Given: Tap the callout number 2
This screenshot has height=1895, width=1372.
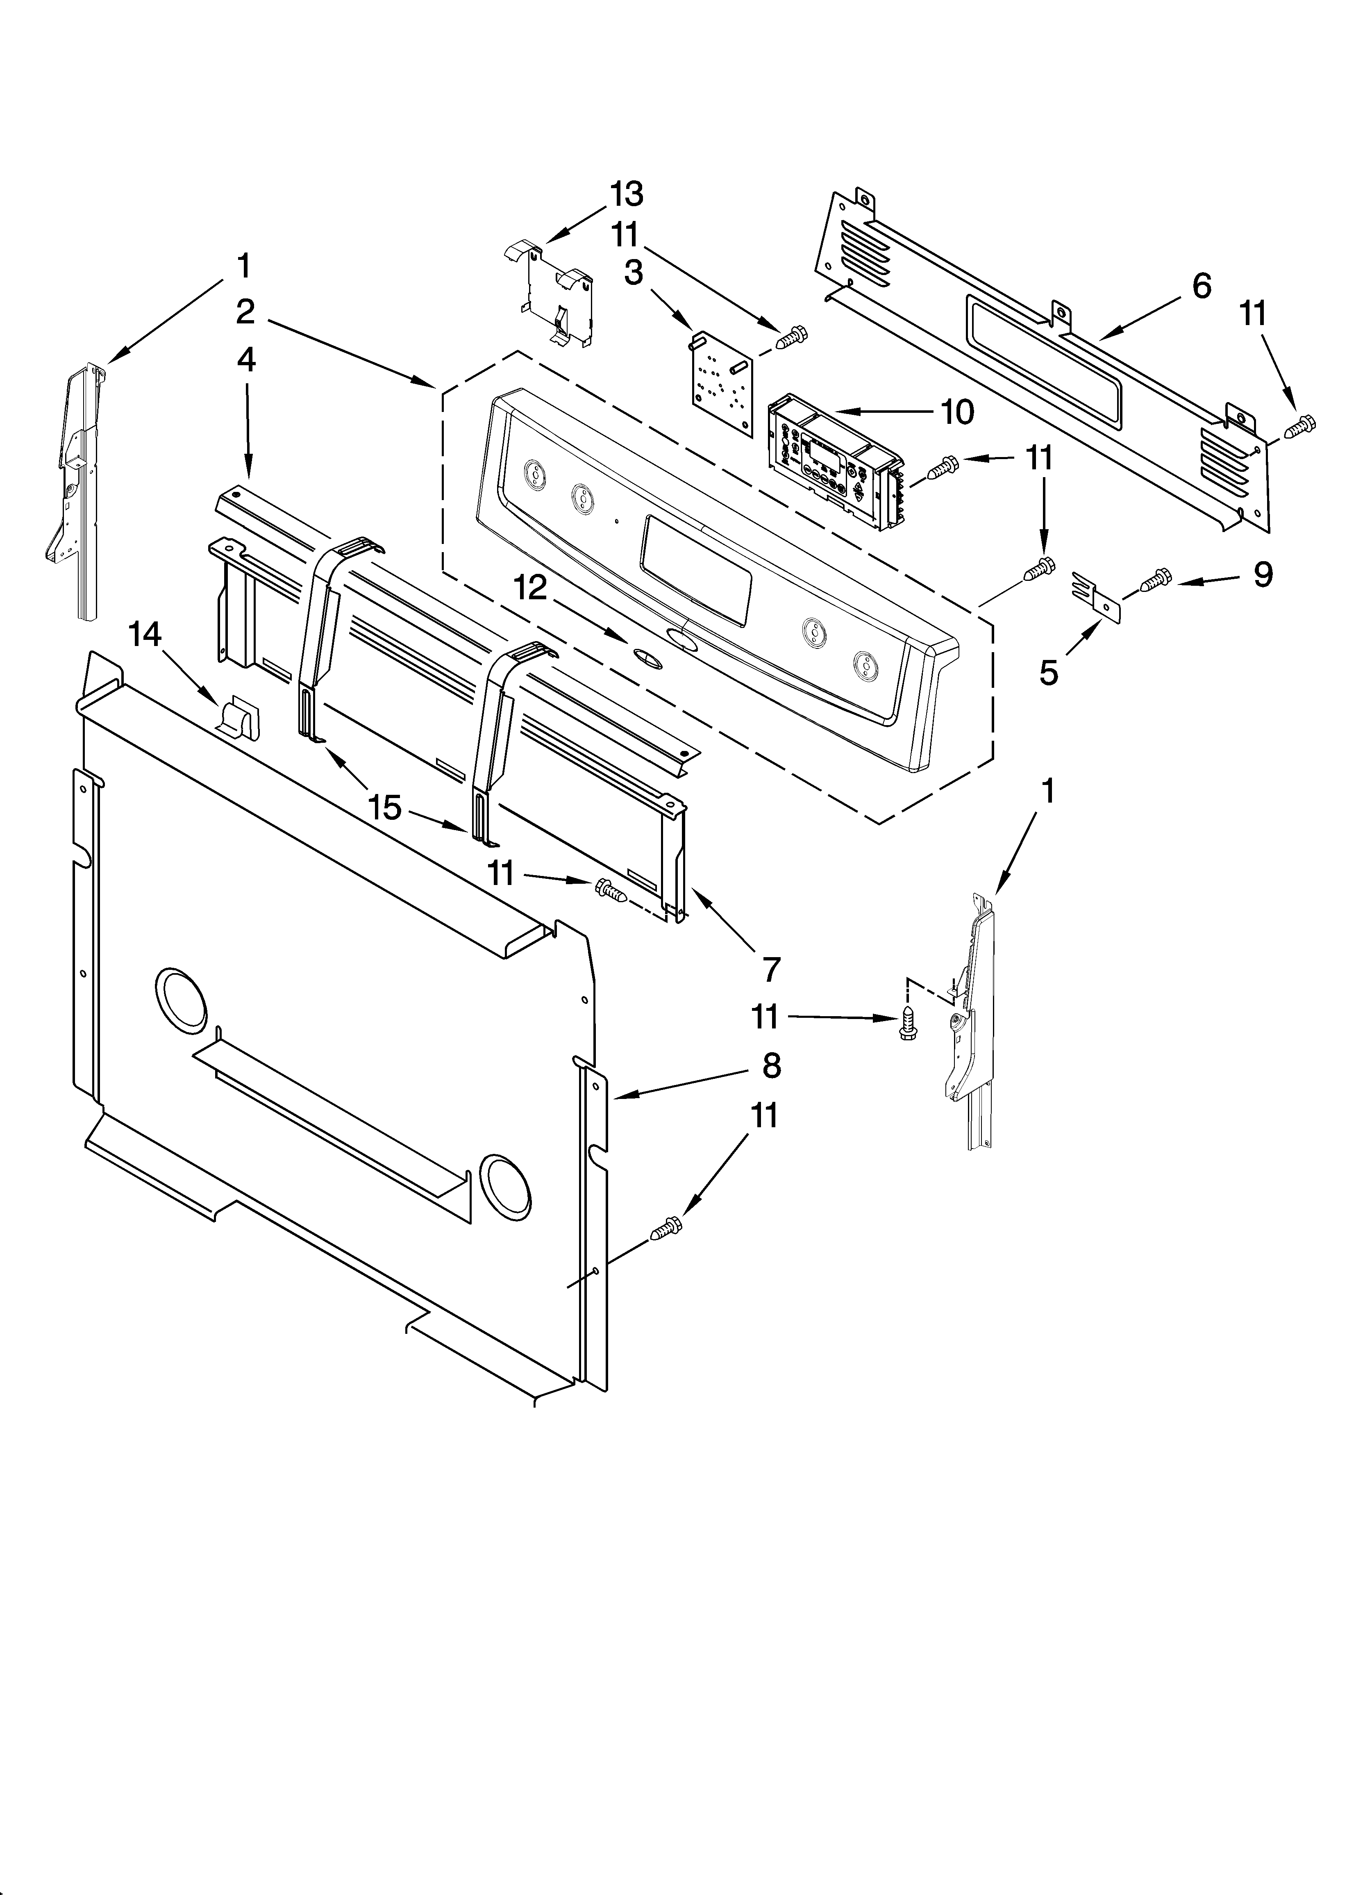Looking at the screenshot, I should pyautogui.click(x=245, y=312).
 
